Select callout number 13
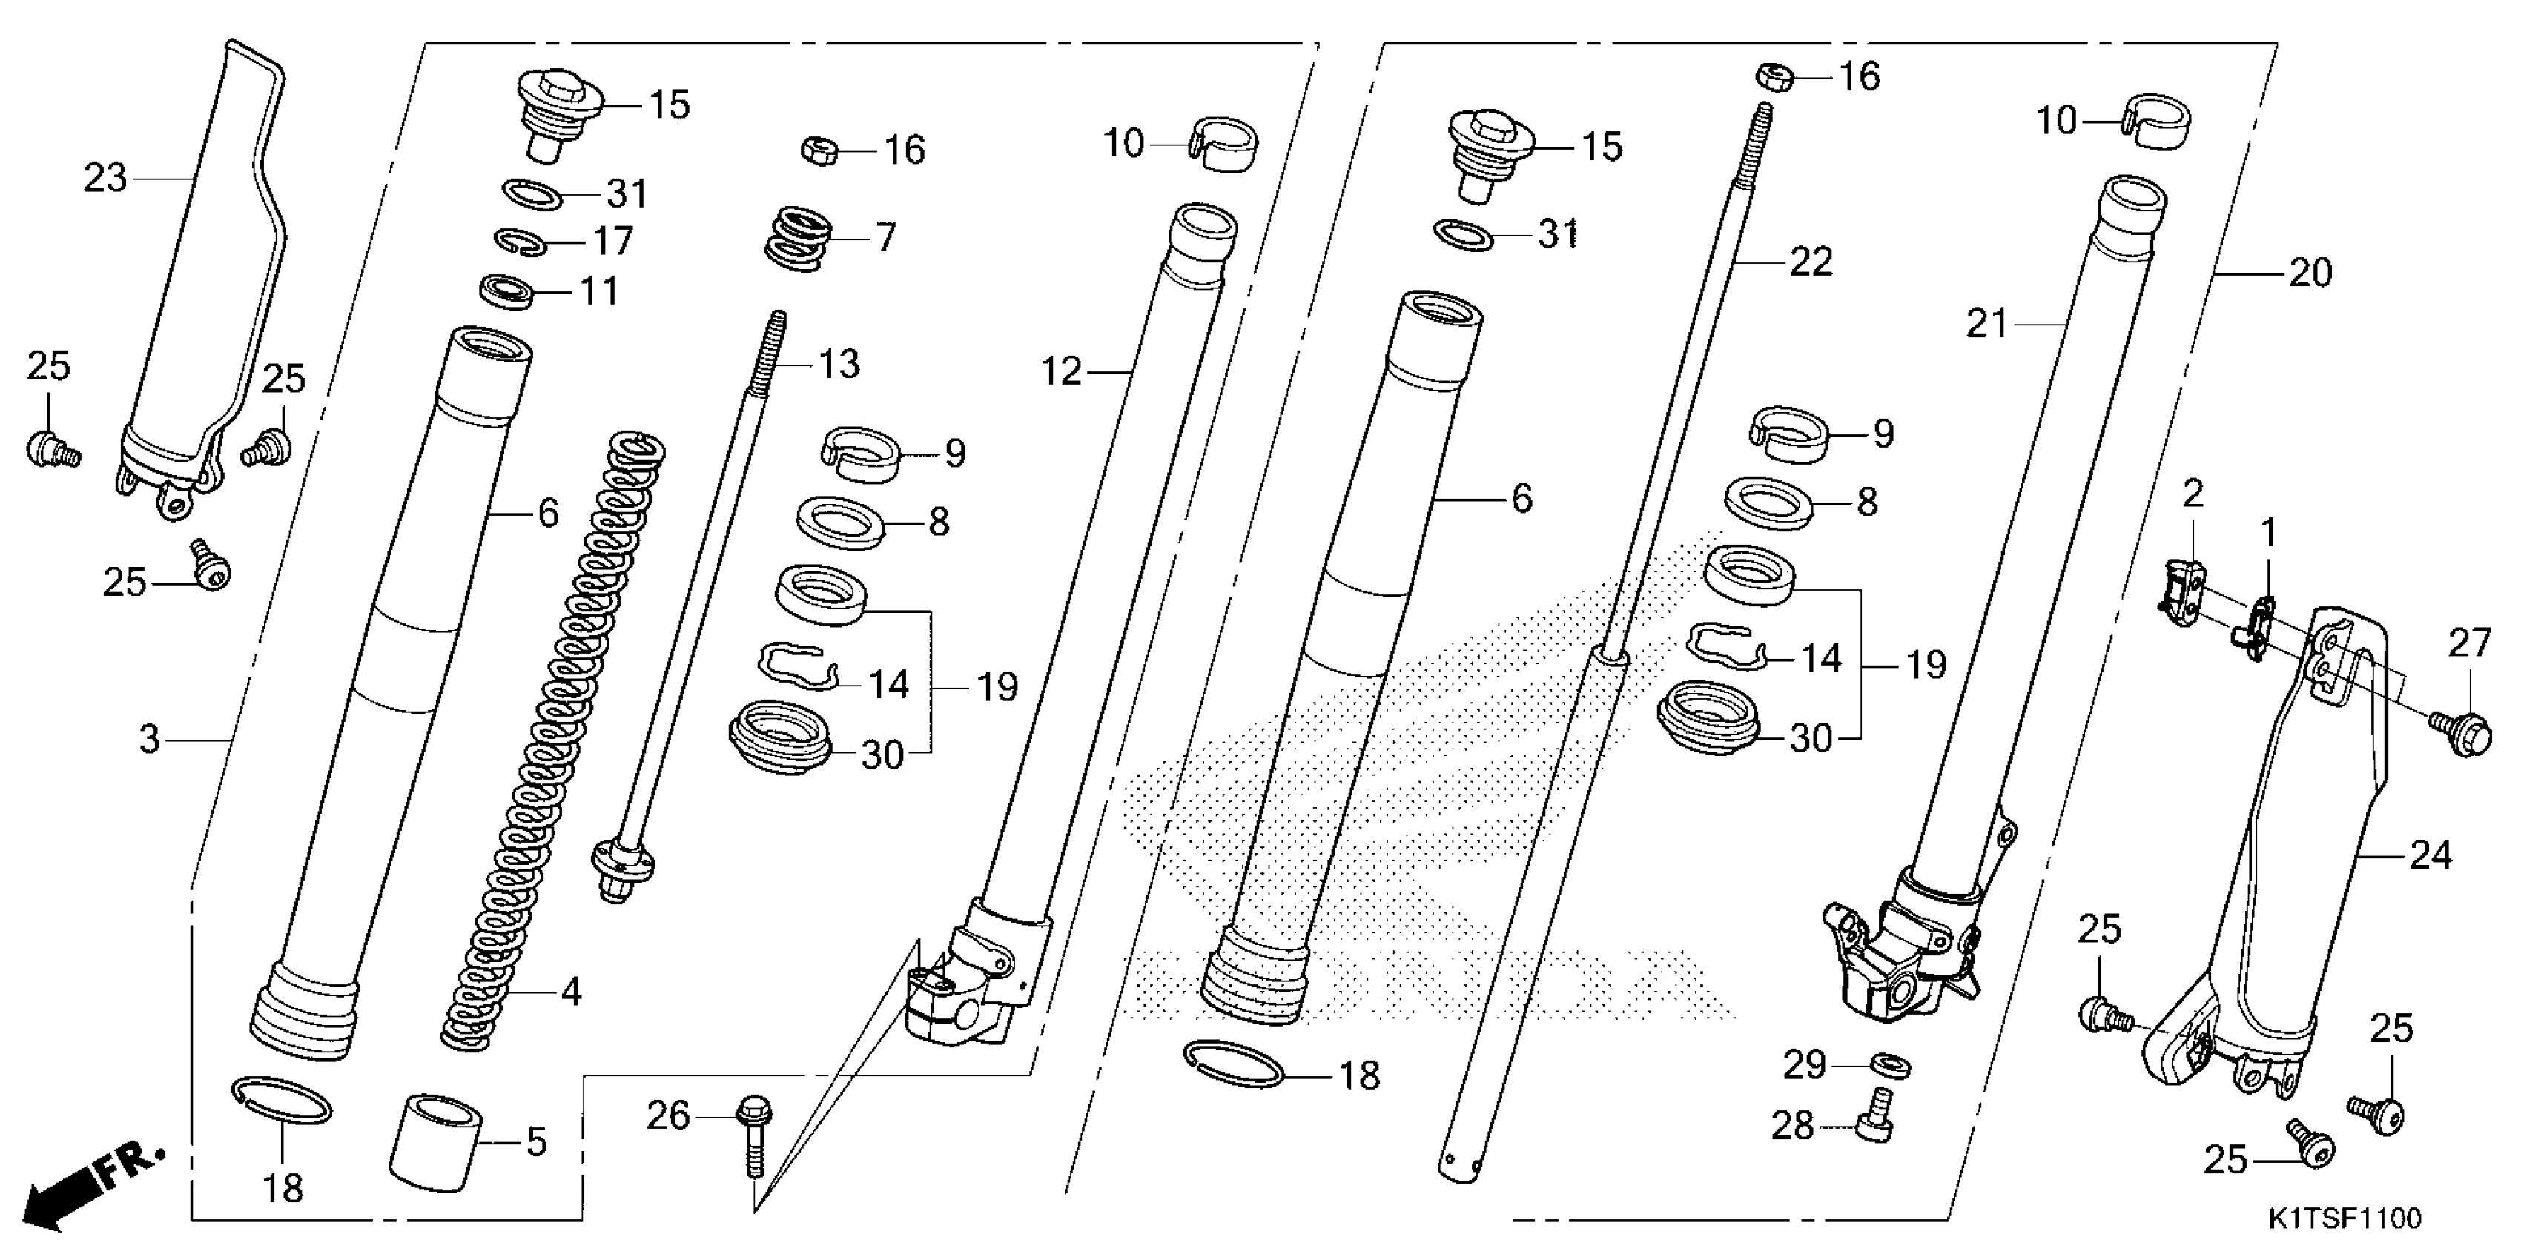tap(839, 364)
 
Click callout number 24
tap(2430, 856)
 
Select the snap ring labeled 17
tap(520, 242)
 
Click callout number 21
tap(1986, 324)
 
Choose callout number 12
tap(1061, 372)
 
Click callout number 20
tap(2310, 273)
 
